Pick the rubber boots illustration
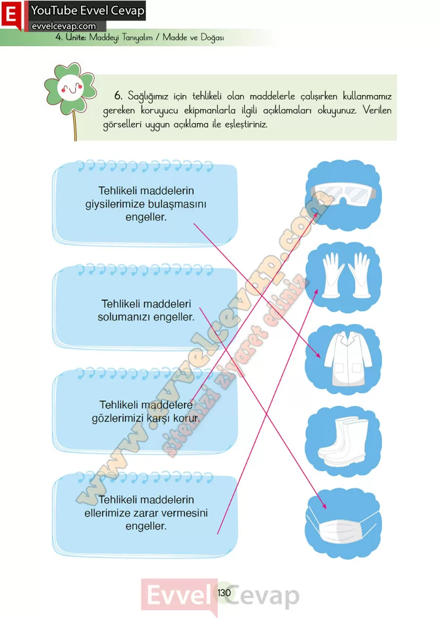coord(343,441)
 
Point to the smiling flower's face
coord(71,88)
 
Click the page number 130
coord(224,593)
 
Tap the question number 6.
coord(118,96)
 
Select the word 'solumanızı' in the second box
coord(124,317)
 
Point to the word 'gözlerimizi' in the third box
coord(117,418)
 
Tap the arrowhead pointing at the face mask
coord(324,505)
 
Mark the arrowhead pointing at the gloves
coord(316,292)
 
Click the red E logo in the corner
coord(12,14)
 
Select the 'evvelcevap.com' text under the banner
coord(64,26)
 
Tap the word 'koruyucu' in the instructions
coord(159,111)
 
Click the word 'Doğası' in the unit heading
coord(212,38)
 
